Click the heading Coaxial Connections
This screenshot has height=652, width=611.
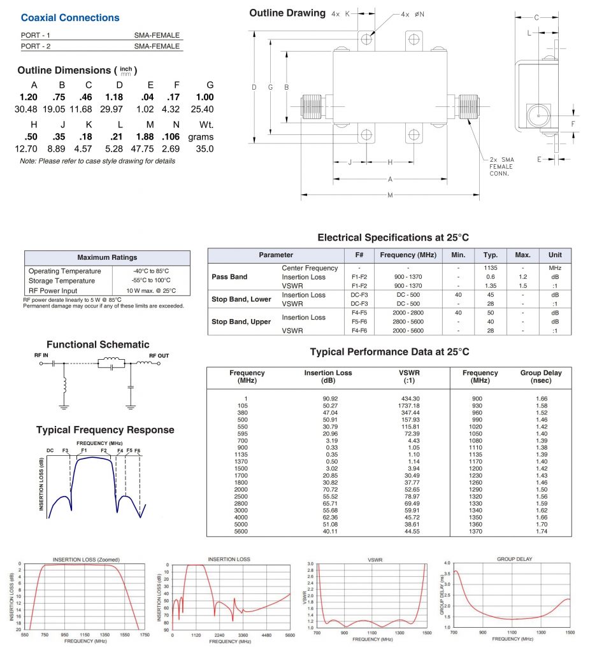coord(70,18)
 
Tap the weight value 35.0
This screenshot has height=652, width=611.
coord(205,149)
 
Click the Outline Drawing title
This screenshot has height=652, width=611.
coord(287,13)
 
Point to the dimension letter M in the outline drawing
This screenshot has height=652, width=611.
coord(390,195)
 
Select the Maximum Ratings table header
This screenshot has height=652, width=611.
coord(107,258)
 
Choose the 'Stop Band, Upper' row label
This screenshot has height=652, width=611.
coord(241,322)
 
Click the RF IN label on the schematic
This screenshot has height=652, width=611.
coord(41,355)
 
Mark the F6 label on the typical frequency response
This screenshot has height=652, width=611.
coord(138,451)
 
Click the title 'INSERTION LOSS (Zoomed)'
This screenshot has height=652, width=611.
coord(81,560)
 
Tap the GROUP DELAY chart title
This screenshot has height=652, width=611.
coord(515,559)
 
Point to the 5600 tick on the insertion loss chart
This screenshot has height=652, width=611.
coord(290,635)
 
